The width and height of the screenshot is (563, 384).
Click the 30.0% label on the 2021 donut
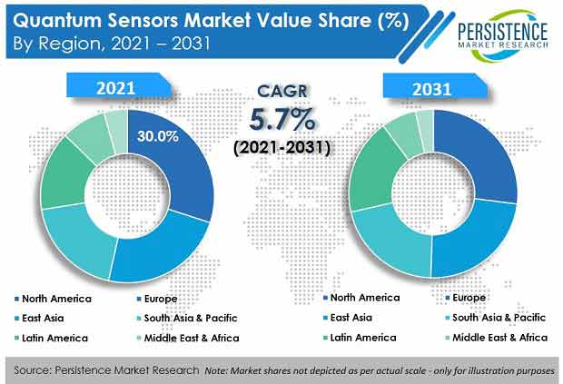tap(158, 136)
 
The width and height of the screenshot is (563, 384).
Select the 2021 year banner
tap(118, 85)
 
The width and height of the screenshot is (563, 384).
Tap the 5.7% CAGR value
tap(281, 119)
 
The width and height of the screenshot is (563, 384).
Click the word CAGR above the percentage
tap(282, 91)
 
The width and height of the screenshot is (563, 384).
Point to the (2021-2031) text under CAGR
tap(281, 147)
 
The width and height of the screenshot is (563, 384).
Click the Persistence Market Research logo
tap(503, 35)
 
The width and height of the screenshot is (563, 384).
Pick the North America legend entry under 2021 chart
tap(54, 299)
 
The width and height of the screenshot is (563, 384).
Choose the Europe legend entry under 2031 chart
tap(465, 298)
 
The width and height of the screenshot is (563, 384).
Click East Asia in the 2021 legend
tap(39, 318)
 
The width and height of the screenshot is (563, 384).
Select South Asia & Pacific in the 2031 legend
tap(496, 317)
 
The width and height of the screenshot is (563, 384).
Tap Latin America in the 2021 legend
tap(52, 338)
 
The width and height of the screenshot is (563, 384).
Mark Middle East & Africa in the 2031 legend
tap(497, 338)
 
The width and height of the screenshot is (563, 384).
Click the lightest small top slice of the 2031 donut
tap(426, 131)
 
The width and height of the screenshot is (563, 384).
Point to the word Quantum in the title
tap(57, 21)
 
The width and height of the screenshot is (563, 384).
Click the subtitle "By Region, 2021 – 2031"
tap(112, 44)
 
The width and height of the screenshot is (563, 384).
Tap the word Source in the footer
tap(32, 370)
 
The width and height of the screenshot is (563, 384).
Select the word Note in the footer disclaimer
tap(216, 370)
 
